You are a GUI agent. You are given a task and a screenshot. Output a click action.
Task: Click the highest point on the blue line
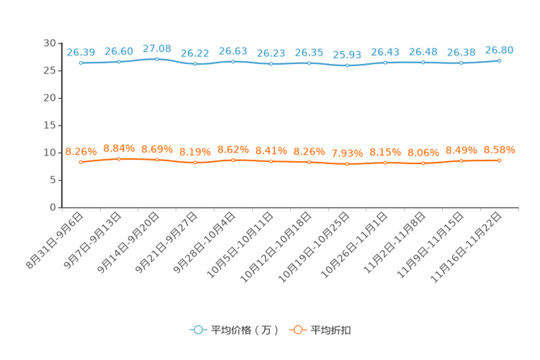(x=157, y=58)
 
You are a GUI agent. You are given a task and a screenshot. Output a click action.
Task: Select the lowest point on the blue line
(x=347, y=66)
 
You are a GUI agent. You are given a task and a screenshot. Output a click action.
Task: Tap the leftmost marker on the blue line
(x=81, y=63)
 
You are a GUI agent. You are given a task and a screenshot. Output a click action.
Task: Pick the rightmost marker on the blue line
(x=499, y=60)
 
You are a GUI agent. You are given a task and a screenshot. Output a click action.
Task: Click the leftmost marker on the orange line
(x=81, y=162)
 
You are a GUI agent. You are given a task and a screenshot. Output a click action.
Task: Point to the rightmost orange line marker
(x=499, y=160)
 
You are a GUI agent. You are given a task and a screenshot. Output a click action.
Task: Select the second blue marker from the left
(x=119, y=62)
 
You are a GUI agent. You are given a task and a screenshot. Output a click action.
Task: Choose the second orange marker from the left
(x=119, y=158)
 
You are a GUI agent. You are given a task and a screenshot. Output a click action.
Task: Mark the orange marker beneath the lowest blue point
(x=347, y=164)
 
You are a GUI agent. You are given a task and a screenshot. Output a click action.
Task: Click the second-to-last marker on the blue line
(x=462, y=63)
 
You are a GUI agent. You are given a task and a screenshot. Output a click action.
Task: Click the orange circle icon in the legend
(x=296, y=330)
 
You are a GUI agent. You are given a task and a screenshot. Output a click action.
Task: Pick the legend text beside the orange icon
(x=331, y=330)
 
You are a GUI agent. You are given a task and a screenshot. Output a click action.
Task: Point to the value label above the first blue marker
(x=81, y=52)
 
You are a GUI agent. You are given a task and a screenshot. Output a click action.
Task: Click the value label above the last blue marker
(x=499, y=49)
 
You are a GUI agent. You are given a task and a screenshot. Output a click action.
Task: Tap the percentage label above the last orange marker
(x=499, y=150)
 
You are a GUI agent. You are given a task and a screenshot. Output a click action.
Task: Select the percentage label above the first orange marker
(x=81, y=151)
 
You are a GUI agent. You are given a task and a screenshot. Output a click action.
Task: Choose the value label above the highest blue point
(x=157, y=48)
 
